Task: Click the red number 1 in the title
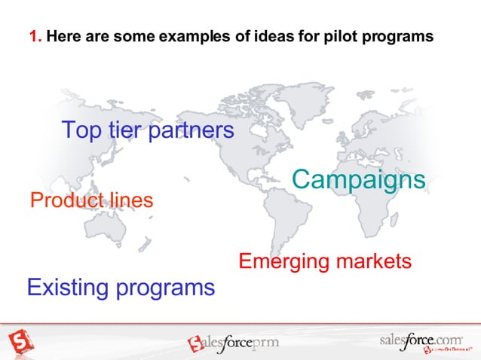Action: pos(33,35)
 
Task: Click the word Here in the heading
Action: pos(61,35)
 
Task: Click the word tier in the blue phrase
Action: pos(124,130)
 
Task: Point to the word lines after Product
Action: pos(130,201)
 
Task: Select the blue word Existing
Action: pos(68,287)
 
